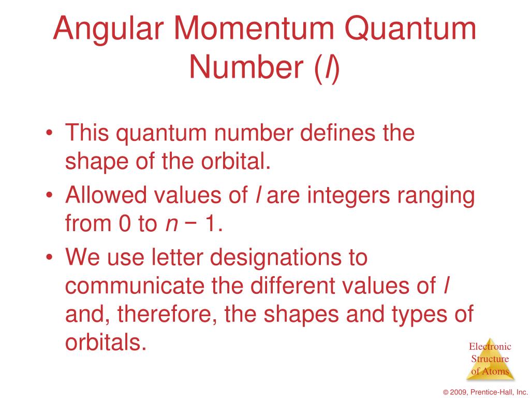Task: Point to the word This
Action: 86,133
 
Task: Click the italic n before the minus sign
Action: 170,224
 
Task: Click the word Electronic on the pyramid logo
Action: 490,347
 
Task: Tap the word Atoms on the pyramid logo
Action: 497,372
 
